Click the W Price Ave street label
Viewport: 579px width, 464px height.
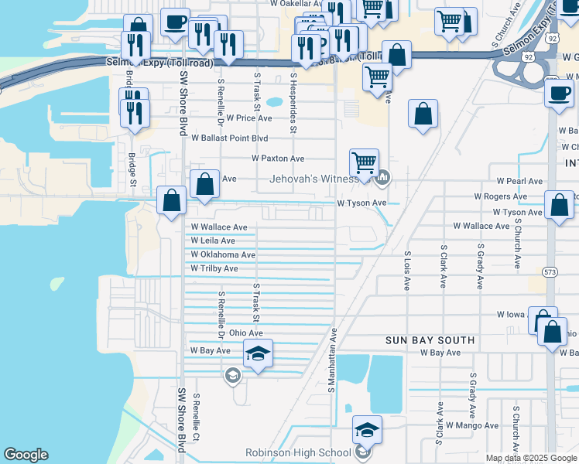pos(248,118)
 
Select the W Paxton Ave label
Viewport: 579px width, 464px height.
pos(278,159)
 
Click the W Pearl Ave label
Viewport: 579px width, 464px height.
pos(519,181)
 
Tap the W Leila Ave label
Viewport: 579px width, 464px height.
pos(214,241)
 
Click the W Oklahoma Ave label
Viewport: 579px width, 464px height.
pos(223,254)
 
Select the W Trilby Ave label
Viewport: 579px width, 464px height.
pos(215,268)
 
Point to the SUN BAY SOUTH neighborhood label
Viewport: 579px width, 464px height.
pos(430,340)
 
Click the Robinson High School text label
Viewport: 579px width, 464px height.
pos(298,453)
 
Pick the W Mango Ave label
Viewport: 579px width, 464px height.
pos(472,425)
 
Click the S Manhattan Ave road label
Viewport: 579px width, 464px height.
pos(332,360)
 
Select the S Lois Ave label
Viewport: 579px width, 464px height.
pos(406,270)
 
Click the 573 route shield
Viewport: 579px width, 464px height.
pos(550,272)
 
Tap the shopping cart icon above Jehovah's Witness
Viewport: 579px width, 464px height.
pos(364,163)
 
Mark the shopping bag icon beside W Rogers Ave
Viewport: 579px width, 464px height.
pos(559,205)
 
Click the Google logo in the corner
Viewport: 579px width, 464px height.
pos(26,455)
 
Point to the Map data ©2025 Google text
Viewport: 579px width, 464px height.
pos(531,458)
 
